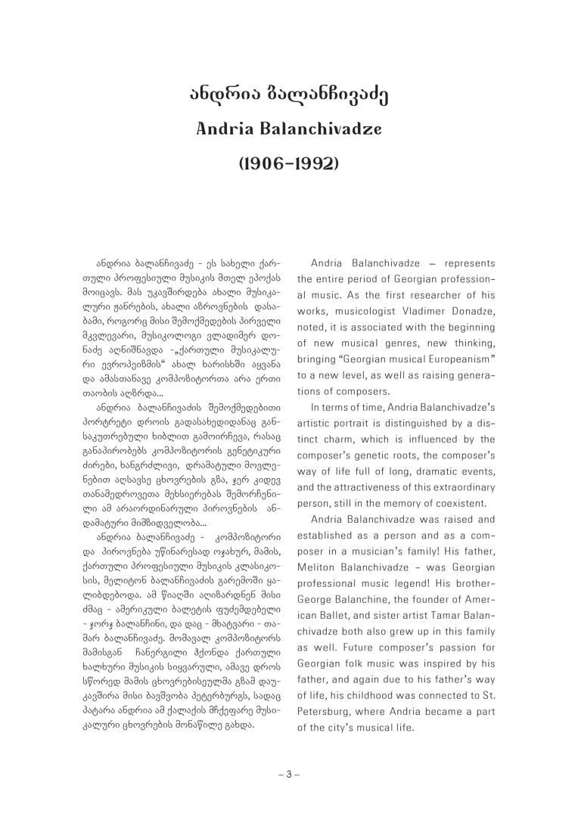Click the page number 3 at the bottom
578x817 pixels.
[x=288, y=774]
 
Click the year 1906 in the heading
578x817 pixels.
[x=265, y=163]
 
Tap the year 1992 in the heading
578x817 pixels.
[x=312, y=163]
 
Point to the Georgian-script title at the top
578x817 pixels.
[x=288, y=95]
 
